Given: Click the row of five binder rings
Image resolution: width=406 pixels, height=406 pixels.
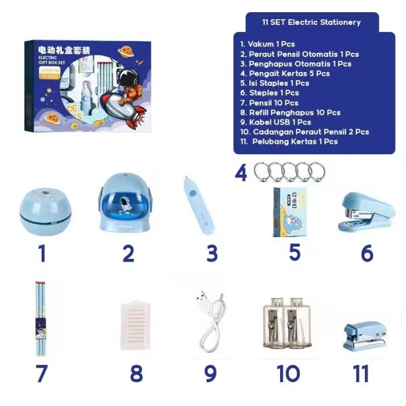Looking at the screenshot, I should point(289,172).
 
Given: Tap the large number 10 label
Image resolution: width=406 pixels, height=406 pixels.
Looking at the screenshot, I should point(288,374).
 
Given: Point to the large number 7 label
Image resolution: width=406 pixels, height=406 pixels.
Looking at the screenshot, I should point(41,374).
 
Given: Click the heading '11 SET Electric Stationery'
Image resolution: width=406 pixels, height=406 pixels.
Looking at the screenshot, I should point(311,22).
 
